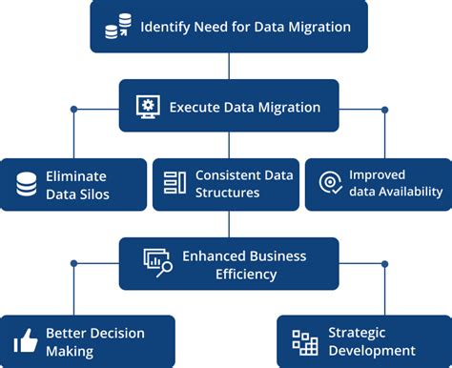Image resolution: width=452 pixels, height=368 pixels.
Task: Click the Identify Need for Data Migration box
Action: tap(228, 27)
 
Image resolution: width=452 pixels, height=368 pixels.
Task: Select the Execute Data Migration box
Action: tap(228, 106)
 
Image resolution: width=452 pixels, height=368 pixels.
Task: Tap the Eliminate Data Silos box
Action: tap(73, 185)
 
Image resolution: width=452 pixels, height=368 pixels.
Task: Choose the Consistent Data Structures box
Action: tap(226, 184)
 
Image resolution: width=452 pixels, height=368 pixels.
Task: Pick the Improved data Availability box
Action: tap(377, 184)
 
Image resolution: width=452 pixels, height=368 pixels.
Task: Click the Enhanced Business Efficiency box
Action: tap(228, 264)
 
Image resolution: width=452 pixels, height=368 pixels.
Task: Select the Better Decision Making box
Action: tap(88, 341)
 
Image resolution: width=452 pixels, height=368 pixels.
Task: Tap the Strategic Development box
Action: tap(363, 341)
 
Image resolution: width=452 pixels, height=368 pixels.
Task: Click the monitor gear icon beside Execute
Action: tap(148, 106)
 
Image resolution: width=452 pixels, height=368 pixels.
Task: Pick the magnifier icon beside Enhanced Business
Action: tap(157, 262)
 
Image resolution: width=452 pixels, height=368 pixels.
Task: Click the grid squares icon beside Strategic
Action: tap(304, 342)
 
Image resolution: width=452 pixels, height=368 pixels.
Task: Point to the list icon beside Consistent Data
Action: tap(175, 183)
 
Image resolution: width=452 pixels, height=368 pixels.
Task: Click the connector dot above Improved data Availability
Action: tap(384, 110)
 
